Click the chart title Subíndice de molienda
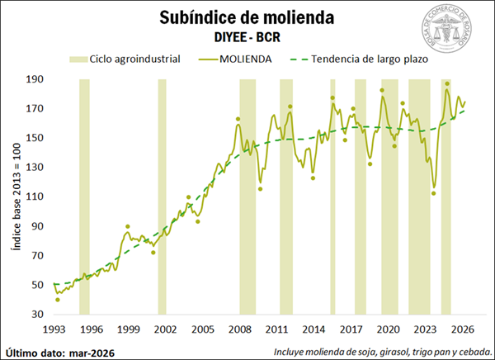247,18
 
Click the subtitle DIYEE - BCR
247,37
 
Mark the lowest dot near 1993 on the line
57,300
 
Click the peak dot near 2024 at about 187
446,83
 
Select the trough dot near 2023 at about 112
433,194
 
